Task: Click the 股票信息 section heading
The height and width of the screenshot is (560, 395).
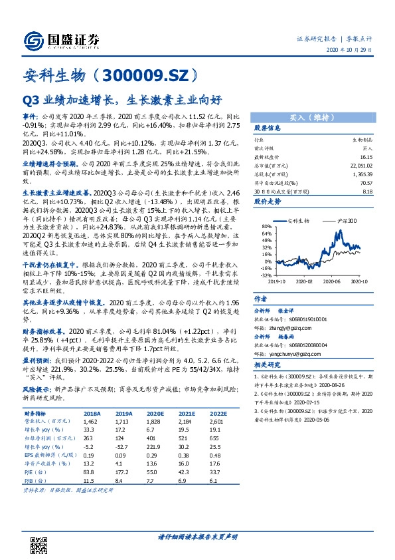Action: [267, 128]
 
